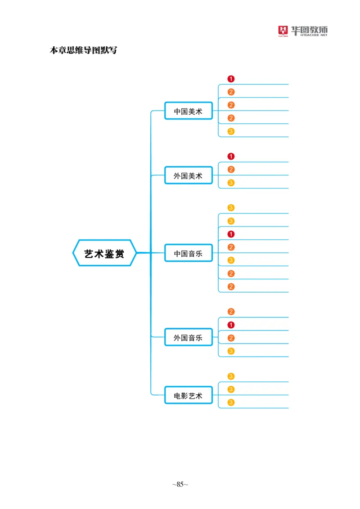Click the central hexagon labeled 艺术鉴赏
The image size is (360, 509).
click(104, 253)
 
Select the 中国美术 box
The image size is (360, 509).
click(188, 111)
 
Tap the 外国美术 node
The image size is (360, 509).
click(188, 176)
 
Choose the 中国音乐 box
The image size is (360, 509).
click(188, 254)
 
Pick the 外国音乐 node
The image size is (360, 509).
click(188, 338)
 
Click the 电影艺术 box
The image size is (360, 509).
click(188, 396)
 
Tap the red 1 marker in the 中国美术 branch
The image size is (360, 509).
click(231, 79)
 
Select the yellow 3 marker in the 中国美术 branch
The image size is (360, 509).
click(231, 131)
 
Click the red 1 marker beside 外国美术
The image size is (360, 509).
click(231, 156)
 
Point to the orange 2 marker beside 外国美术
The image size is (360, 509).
click(231, 170)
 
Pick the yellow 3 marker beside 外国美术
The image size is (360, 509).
click(231, 183)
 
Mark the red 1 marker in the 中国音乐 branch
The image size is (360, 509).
click(231, 234)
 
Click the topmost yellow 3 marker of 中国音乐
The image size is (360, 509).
click(231, 208)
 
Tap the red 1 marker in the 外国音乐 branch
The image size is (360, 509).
click(231, 325)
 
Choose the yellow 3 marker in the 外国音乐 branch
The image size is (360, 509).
click(231, 351)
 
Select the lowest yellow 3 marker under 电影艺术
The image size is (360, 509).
click(231, 402)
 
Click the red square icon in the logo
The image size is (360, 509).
click(283, 31)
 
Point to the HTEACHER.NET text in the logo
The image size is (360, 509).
click(310, 37)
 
